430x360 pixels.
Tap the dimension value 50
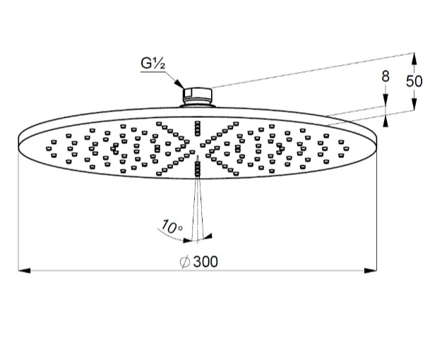414,81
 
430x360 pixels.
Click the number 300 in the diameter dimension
205,262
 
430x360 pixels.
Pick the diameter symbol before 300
184,262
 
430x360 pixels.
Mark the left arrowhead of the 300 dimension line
21,270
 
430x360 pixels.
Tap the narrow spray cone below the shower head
198,205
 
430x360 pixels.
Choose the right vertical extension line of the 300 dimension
376,212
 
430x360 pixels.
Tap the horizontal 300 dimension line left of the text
99,270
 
